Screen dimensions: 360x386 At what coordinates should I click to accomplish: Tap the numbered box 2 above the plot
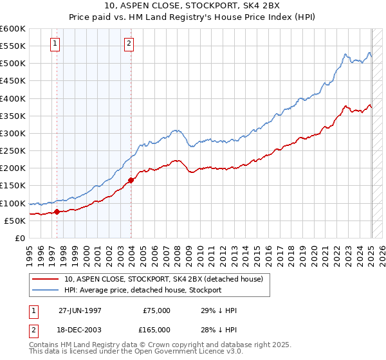(x=129, y=44)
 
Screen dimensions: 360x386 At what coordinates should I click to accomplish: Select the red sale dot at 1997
(x=57, y=211)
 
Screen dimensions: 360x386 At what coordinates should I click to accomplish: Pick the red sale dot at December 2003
(x=131, y=180)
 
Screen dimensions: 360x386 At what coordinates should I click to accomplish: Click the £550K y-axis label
(x=14, y=46)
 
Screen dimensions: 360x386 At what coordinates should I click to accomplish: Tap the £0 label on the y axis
(x=19, y=239)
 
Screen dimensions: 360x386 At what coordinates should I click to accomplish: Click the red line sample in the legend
(x=46, y=280)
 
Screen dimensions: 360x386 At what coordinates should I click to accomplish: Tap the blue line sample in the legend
(x=46, y=290)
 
